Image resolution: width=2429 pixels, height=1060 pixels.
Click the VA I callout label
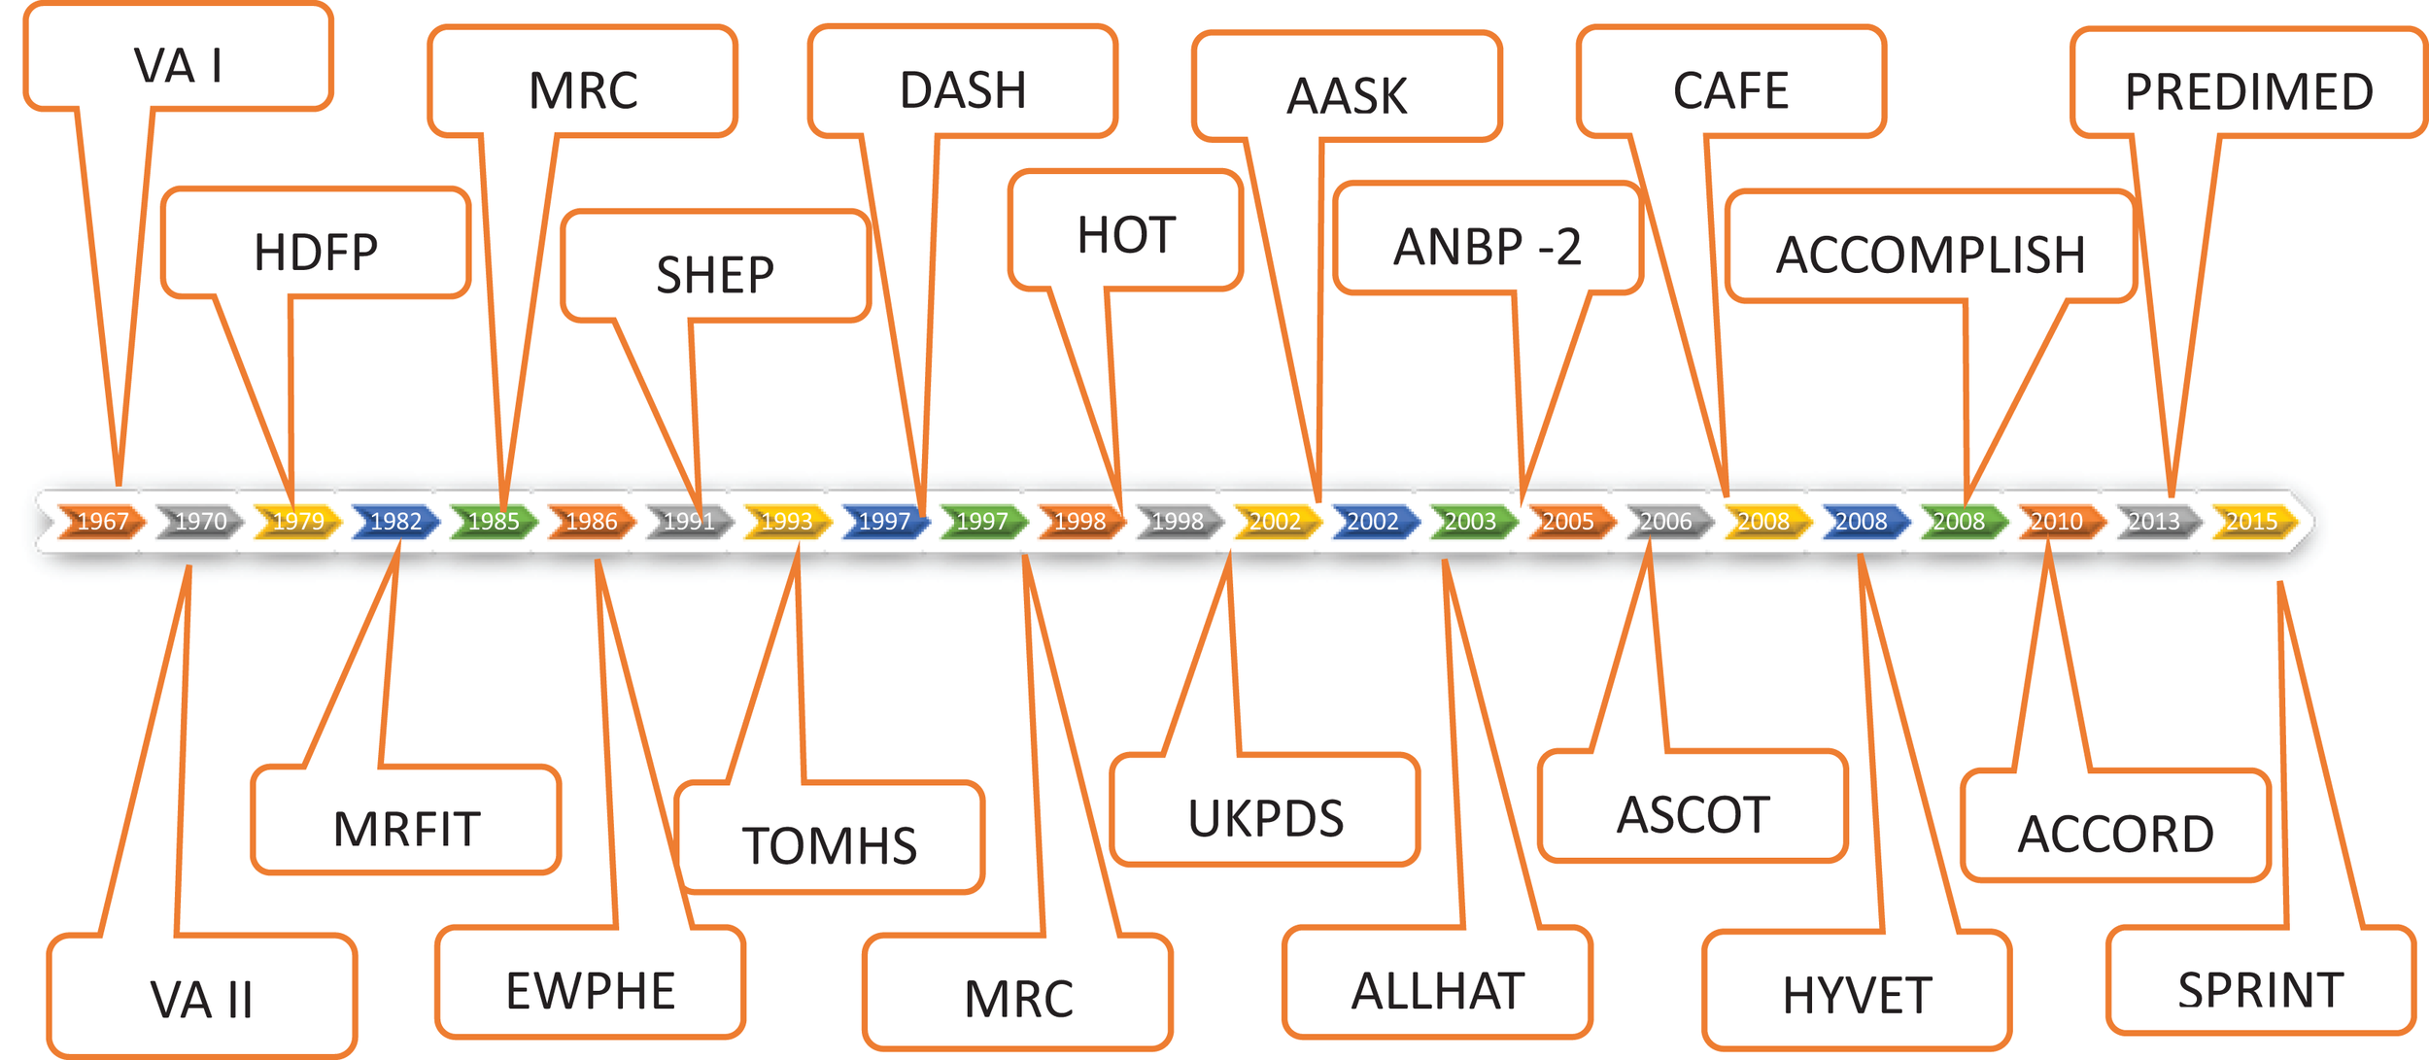pos(179,66)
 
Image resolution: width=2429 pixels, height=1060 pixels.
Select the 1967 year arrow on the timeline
pos(102,522)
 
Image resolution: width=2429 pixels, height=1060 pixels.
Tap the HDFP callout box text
pos(316,253)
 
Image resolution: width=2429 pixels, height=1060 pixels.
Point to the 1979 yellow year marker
pos(298,522)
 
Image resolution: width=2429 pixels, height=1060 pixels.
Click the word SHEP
pos(715,275)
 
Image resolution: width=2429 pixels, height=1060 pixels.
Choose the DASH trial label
pos(963,90)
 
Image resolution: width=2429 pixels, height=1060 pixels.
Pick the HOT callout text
pos(1126,235)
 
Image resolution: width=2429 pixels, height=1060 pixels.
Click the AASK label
pos(1347,95)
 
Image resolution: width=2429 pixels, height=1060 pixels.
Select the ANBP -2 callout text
pos(1487,247)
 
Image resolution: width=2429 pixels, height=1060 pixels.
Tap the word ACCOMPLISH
pos(1931,256)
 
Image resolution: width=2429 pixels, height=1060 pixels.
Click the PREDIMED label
pos(2249,92)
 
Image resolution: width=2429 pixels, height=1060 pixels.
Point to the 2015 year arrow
pos(2252,522)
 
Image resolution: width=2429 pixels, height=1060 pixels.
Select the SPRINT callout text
pos(2261,991)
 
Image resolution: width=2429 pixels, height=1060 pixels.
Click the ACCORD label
pos(2116,835)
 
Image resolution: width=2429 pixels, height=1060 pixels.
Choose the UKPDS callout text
pos(1266,818)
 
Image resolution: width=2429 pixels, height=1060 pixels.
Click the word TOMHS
pos(830,846)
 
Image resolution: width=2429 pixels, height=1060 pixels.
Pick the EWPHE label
pos(591,992)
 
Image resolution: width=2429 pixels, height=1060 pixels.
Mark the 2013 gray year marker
pos(2154,522)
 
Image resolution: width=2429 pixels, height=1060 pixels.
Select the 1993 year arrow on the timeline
pos(787,522)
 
